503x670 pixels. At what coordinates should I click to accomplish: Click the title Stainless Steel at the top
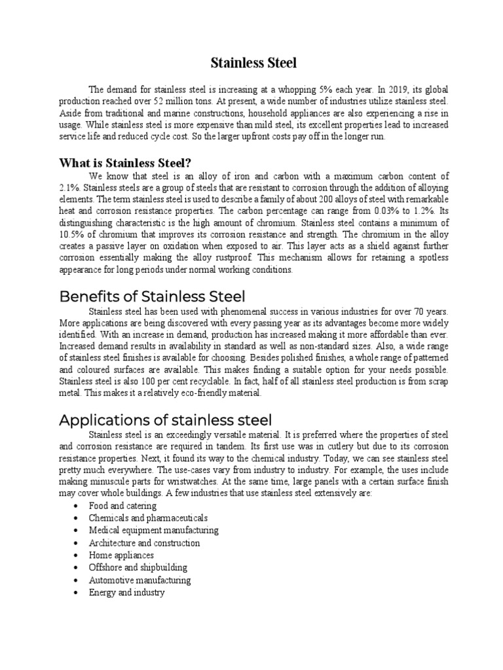253,63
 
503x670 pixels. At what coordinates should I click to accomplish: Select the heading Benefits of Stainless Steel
153,296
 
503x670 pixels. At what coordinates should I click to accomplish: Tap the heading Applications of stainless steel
165,419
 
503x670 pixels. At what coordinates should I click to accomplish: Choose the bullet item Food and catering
122,506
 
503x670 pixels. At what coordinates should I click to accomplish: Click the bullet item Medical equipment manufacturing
154,531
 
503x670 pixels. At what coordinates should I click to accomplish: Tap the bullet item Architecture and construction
144,543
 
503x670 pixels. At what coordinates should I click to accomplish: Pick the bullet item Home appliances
121,555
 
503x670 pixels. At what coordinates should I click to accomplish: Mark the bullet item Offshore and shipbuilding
138,568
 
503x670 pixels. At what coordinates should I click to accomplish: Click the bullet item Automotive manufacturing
140,580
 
